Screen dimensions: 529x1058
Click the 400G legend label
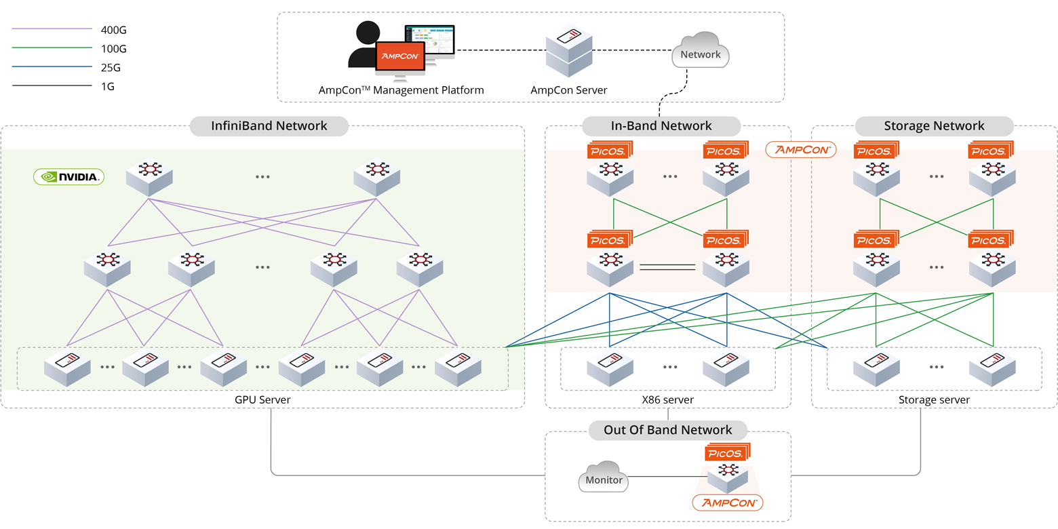(x=113, y=30)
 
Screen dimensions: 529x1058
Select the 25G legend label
(x=111, y=68)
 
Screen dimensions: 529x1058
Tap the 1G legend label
(x=108, y=87)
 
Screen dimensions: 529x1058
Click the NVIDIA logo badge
(x=68, y=177)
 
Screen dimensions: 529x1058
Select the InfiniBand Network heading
(x=269, y=125)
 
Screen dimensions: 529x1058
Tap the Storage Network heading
(x=934, y=125)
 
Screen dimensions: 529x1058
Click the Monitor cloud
(x=604, y=479)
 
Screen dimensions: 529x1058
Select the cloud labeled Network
(x=700, y=52)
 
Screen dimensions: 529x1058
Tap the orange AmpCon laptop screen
(x=400, y=56)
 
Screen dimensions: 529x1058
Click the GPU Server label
(x=262, y=400)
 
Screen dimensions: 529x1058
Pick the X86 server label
(x=667, y=400)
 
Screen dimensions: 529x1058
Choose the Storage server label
(x=934, y=400)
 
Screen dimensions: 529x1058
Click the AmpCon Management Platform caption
(x=401, y=90)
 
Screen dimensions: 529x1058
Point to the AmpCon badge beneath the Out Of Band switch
(x=728, y=503)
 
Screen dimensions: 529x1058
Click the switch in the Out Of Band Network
(x=728, y=475)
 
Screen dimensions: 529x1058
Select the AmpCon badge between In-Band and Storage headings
(x=800, y=149)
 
